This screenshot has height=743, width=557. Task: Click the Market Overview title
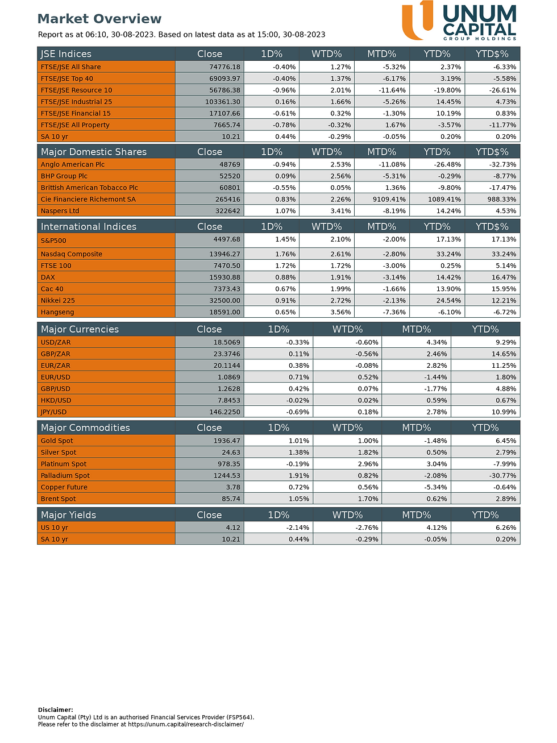coord(99,19)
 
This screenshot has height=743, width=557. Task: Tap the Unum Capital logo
coord(459,21)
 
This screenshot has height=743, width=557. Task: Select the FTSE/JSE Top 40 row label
coord(67,78)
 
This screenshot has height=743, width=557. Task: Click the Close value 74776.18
coord(225,67)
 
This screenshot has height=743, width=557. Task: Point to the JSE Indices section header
coord(66,54)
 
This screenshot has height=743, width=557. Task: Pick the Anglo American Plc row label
coord(73,164)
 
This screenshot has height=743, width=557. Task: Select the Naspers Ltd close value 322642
coord(228,211)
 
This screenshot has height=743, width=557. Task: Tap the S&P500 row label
coord(53,240)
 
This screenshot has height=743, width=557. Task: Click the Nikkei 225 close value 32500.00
coord(225,301)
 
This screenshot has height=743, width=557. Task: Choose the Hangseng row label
coord(57,312)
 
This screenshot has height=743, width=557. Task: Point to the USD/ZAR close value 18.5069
coord(227,342)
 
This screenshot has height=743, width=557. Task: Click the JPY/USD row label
coord(53,412)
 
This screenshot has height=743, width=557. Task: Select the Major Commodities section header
coord(85,427)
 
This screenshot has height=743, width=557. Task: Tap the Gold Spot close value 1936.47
coord(227,441)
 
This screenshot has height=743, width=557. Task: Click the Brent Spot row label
coord(58,499)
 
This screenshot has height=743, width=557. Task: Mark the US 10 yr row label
coord(55,528)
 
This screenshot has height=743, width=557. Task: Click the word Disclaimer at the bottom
coord(55,709)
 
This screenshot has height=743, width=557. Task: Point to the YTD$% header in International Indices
coord(492,226)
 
